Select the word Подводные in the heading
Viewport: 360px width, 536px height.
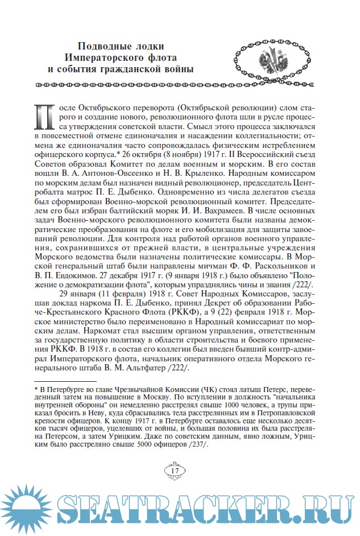[102, 47]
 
